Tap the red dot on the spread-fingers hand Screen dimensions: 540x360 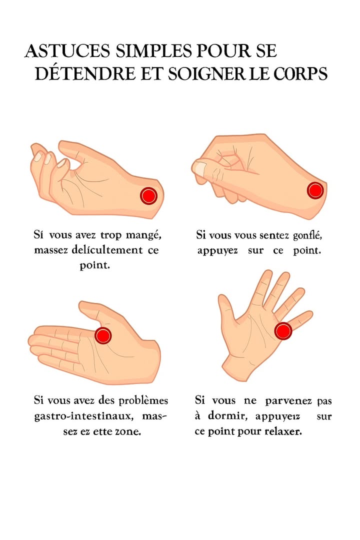pyautogui.click(x=283, y=330)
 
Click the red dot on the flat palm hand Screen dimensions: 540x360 pyautogui.click(x=103, y=335)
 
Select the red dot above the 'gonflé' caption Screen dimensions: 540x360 pyautogui.click(x=315, y=190)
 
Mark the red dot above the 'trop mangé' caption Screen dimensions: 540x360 pyautogui.click(x=148, y=195)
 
